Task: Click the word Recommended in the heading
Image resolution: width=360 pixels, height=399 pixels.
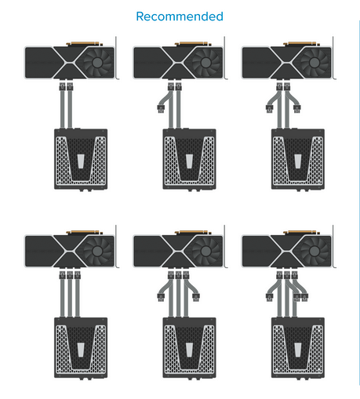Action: point(180,16)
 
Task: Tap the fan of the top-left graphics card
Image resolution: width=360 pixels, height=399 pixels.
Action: point(97,63)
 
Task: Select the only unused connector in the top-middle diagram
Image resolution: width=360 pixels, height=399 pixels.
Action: point(161,108)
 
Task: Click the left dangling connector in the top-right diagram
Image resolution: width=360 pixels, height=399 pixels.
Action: point(270,108)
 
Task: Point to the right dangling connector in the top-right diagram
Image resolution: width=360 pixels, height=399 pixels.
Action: point(296,108)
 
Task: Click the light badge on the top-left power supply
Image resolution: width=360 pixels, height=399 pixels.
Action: point(81,161)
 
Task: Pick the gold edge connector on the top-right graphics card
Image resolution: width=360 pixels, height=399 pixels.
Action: point(300,43)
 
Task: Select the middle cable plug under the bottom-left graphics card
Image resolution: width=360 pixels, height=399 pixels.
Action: point(70,275)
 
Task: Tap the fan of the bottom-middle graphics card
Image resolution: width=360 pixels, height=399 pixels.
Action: point(205,251)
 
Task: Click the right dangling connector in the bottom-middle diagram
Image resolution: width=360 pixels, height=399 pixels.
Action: point(196,297)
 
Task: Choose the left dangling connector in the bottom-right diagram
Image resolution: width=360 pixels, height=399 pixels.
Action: point(270,297)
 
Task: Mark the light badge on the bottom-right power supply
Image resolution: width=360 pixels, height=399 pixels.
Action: point(298,350)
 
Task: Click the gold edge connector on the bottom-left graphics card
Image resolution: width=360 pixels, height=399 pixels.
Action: point(84,232)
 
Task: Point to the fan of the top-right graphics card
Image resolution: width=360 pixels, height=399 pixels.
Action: point(315,63)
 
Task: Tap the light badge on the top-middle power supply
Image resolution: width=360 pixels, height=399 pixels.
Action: point(189,161)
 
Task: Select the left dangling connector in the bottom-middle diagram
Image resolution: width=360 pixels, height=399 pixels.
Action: point(161,297)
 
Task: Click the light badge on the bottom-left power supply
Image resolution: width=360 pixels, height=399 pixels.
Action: point(81,350)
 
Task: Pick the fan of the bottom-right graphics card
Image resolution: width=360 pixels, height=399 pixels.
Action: point(315,251)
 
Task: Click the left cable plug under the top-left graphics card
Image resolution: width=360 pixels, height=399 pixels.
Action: point(62,86)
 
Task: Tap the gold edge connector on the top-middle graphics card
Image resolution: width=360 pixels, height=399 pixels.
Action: point(192,43)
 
